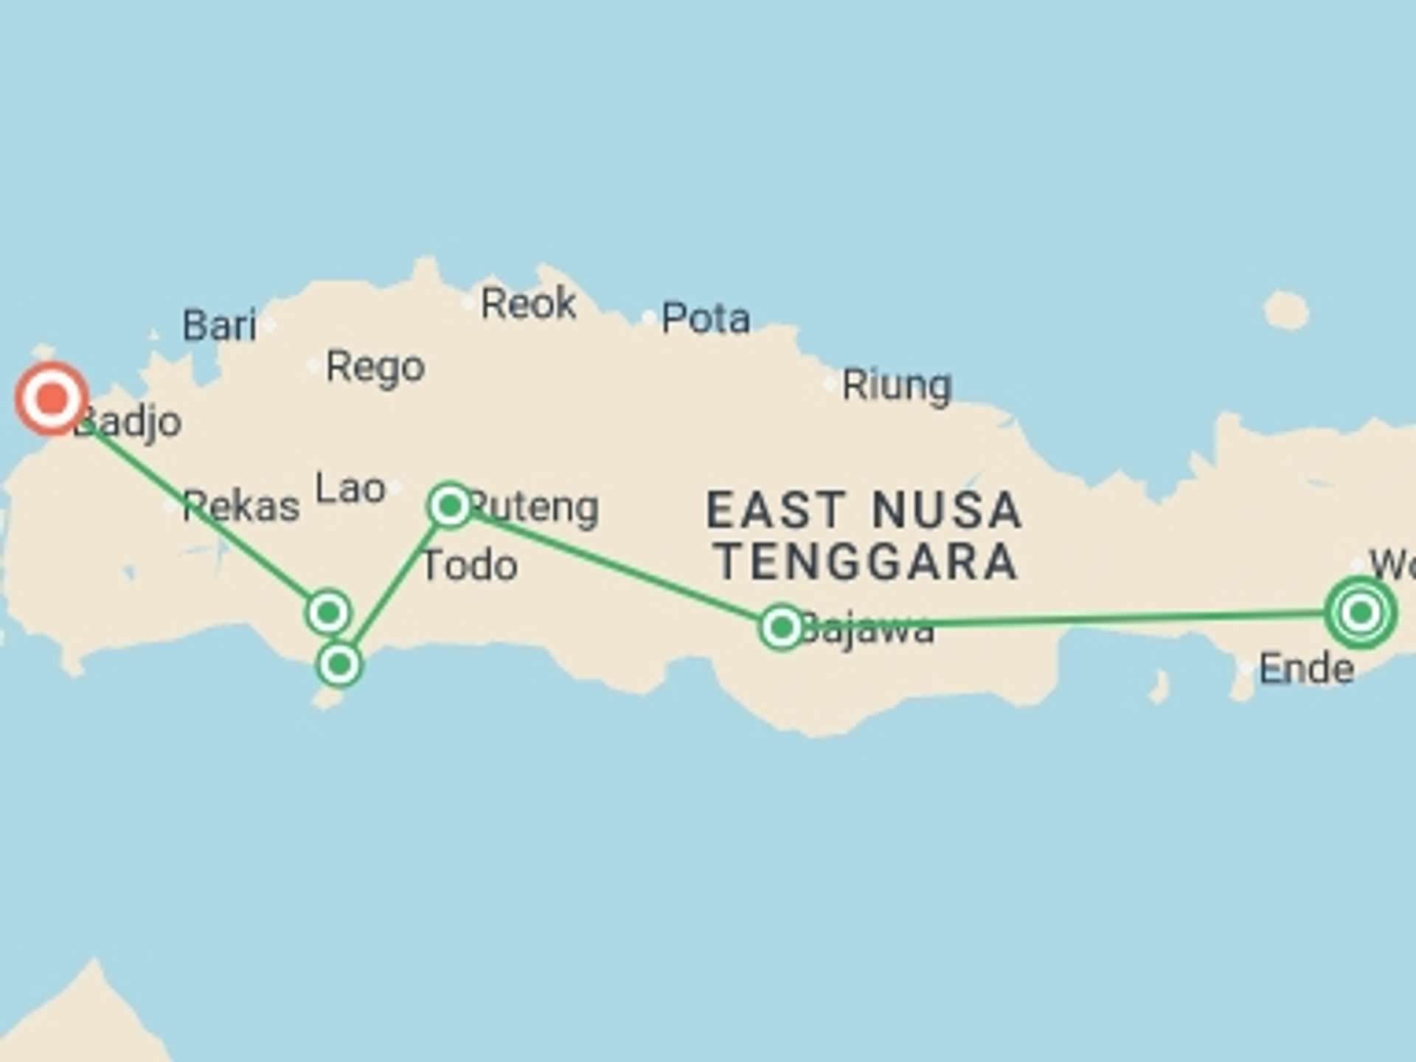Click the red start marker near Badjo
tap(52, 398)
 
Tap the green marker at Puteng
tap(450, 506)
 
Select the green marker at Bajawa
tap(781, 628)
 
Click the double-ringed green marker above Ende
tap(1360, 612)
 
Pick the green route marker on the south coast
tap(339, 664)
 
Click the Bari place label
tap(219, 325)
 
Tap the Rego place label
tap(375, 367)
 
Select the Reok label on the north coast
tap(528, 303)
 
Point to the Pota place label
tap(706, 319)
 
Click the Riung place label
tap(897, 385)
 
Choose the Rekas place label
tap(241, 506)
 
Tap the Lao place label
tap(350, 488)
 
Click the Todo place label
tap(470, 566)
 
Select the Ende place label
tap(1306, 669)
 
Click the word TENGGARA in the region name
tap(868, 562)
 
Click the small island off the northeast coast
tap(1285, 310)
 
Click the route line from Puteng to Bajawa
tap(612, 565)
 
